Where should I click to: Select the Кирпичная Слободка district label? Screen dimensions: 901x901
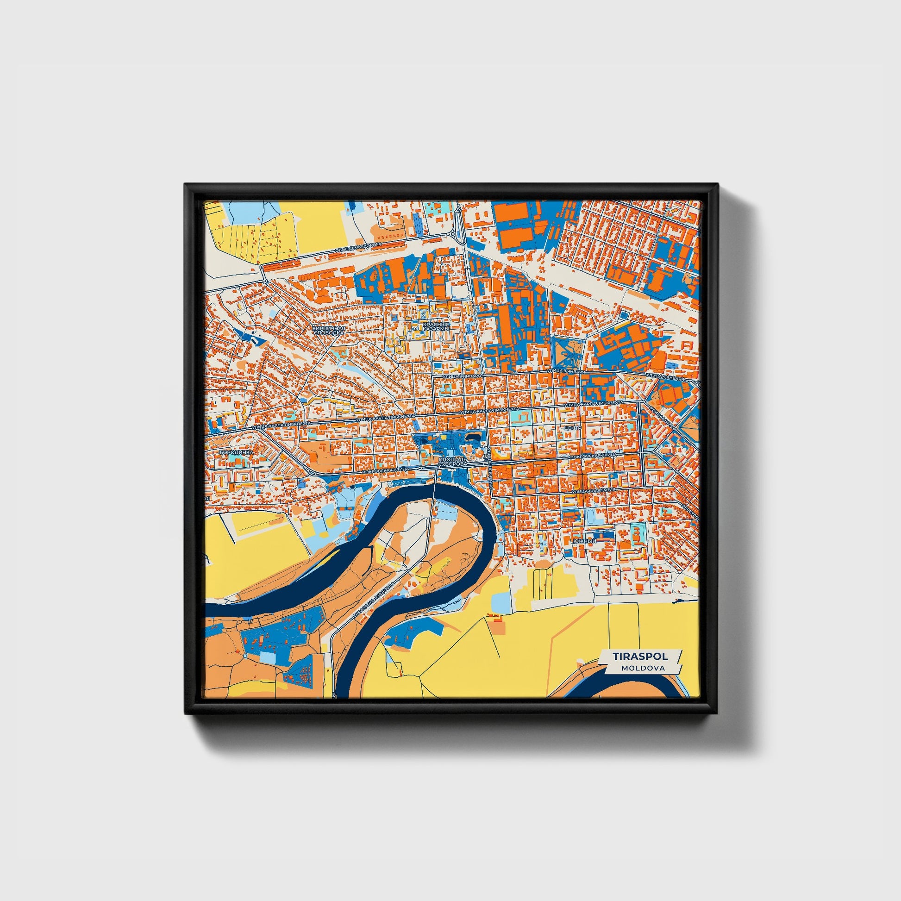(329, 331)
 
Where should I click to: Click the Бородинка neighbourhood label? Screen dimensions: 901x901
(236, 452)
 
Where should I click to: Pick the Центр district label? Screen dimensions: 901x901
(572, 427)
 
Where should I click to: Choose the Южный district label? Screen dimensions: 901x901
(585, 540)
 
